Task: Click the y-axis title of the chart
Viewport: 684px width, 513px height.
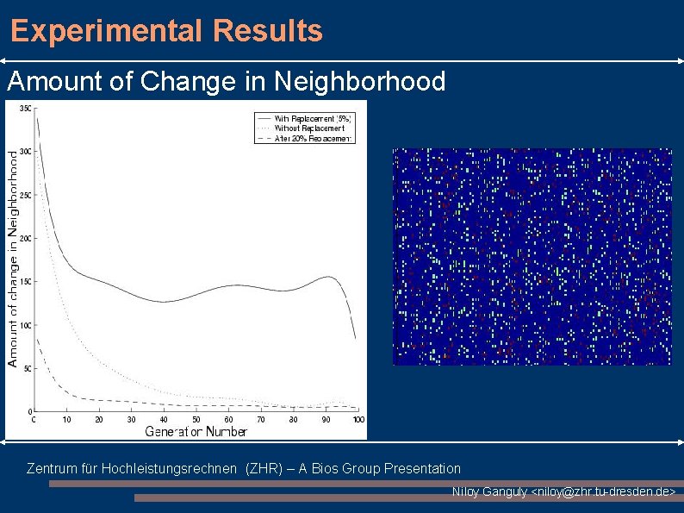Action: tap(13, 259)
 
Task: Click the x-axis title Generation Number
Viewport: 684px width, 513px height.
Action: tap(196, 431)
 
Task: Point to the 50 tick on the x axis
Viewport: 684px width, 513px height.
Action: tap(196, 420)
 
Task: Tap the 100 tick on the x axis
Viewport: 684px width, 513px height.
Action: tap(358, 420)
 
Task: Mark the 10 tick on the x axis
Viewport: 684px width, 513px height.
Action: tap(66, 420)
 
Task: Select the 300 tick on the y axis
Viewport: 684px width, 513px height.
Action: tap(25, 152)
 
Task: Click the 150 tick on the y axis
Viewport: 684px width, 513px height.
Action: tap(25, 282)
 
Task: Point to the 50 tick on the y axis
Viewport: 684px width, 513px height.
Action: tap(27, 368)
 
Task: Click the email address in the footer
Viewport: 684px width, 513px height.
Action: tap(605, 491)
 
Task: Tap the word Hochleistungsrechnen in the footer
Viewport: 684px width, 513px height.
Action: tap(171, 468)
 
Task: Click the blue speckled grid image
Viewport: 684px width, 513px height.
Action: tap(532, 256)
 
